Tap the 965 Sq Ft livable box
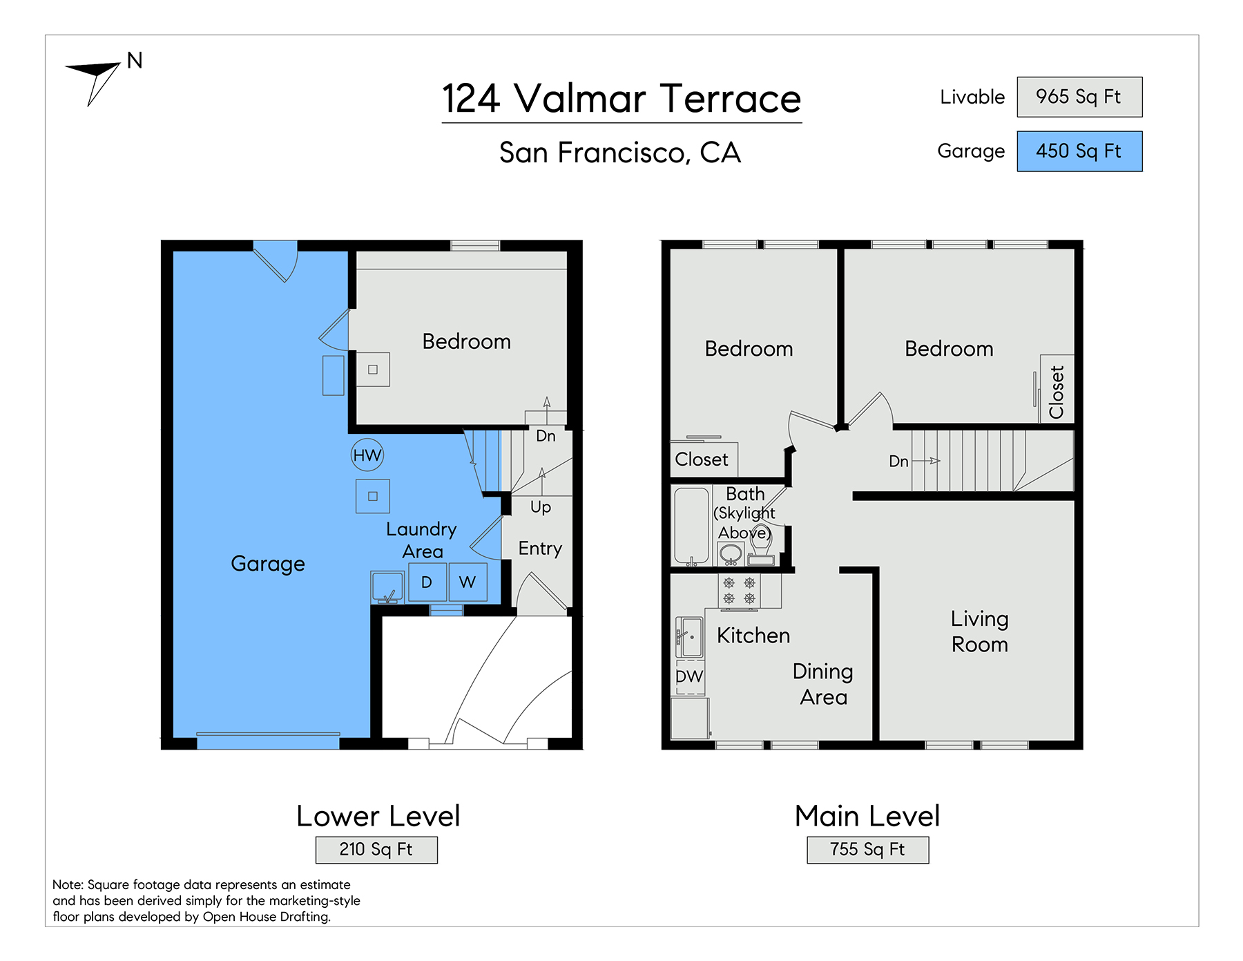tap(1079, 97)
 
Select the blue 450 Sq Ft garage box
tap(1079, 151)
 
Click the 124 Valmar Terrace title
tap(621, 99)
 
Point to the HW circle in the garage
tap(367, 455)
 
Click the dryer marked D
tap(427, 582)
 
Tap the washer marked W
tap(468, 582)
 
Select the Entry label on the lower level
tap(540, 549)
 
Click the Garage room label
tap(268, 564)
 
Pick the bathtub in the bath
tap(691, 526)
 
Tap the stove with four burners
tap(739, 591)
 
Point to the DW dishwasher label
tap(689, 676)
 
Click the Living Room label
tap(980, 631)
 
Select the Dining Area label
tap(823, 684)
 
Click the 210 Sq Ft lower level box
tap(376, 850)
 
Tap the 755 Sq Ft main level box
tap(868, 850)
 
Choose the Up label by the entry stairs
tap(541, 508)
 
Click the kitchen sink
tap(689, 636)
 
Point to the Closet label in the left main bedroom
tap(702, 459)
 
